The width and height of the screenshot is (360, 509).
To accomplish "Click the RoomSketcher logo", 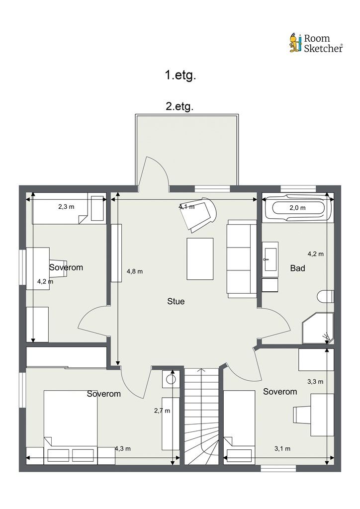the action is coord(316,43).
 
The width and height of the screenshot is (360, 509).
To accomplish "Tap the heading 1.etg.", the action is coord(180,76).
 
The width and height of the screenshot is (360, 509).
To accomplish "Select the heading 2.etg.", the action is coord(180,106).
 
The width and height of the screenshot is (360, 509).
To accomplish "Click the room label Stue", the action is coord(176,301).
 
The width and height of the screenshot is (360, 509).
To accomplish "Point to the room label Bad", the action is coord(297,268).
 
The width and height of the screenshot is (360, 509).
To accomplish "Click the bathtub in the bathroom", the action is coord(298,208).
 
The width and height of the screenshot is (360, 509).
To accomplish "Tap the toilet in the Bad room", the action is coord(326,296).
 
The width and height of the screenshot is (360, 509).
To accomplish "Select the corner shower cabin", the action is coord(318,328).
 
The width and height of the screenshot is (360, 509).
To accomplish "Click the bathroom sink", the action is coord(270,259).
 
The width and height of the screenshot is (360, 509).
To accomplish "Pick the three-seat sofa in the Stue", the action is coord(242,258).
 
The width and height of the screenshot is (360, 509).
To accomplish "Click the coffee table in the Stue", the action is coord(200,258).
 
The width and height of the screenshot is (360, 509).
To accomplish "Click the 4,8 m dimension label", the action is coord(135,271).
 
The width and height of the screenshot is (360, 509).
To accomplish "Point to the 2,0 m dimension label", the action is coord(298,208).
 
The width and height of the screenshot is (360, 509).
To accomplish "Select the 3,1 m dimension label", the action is coord(282,449).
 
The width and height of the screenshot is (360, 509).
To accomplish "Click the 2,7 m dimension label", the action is coord(162,411).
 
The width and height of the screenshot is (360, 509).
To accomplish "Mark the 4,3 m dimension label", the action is coord(123,449).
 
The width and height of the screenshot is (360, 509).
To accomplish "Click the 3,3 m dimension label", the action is coord(315,382).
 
